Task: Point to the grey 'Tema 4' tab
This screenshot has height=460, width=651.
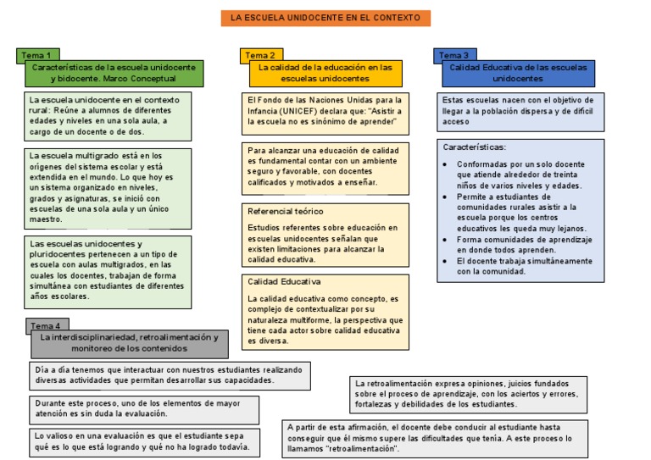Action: (47, 326)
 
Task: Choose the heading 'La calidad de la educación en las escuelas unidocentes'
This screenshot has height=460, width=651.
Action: (325, 72)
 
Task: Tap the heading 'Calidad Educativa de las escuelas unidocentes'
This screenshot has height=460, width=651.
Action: (518, 72)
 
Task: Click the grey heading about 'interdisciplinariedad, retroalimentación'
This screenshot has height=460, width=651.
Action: (130, 342)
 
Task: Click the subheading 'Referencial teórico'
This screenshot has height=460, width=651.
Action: (285, 211)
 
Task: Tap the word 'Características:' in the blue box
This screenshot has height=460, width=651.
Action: (474, 147)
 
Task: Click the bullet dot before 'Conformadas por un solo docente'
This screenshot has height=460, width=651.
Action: (446, 164)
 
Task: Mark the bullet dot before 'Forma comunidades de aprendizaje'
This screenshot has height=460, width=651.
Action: (446, 240)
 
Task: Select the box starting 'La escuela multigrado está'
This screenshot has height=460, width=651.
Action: (108, 187)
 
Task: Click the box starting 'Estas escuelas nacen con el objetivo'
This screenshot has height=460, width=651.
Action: (520, 111)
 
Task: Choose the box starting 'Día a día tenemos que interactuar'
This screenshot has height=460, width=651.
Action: (170, 374)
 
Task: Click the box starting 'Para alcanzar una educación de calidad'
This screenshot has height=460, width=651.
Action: (325, 166)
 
